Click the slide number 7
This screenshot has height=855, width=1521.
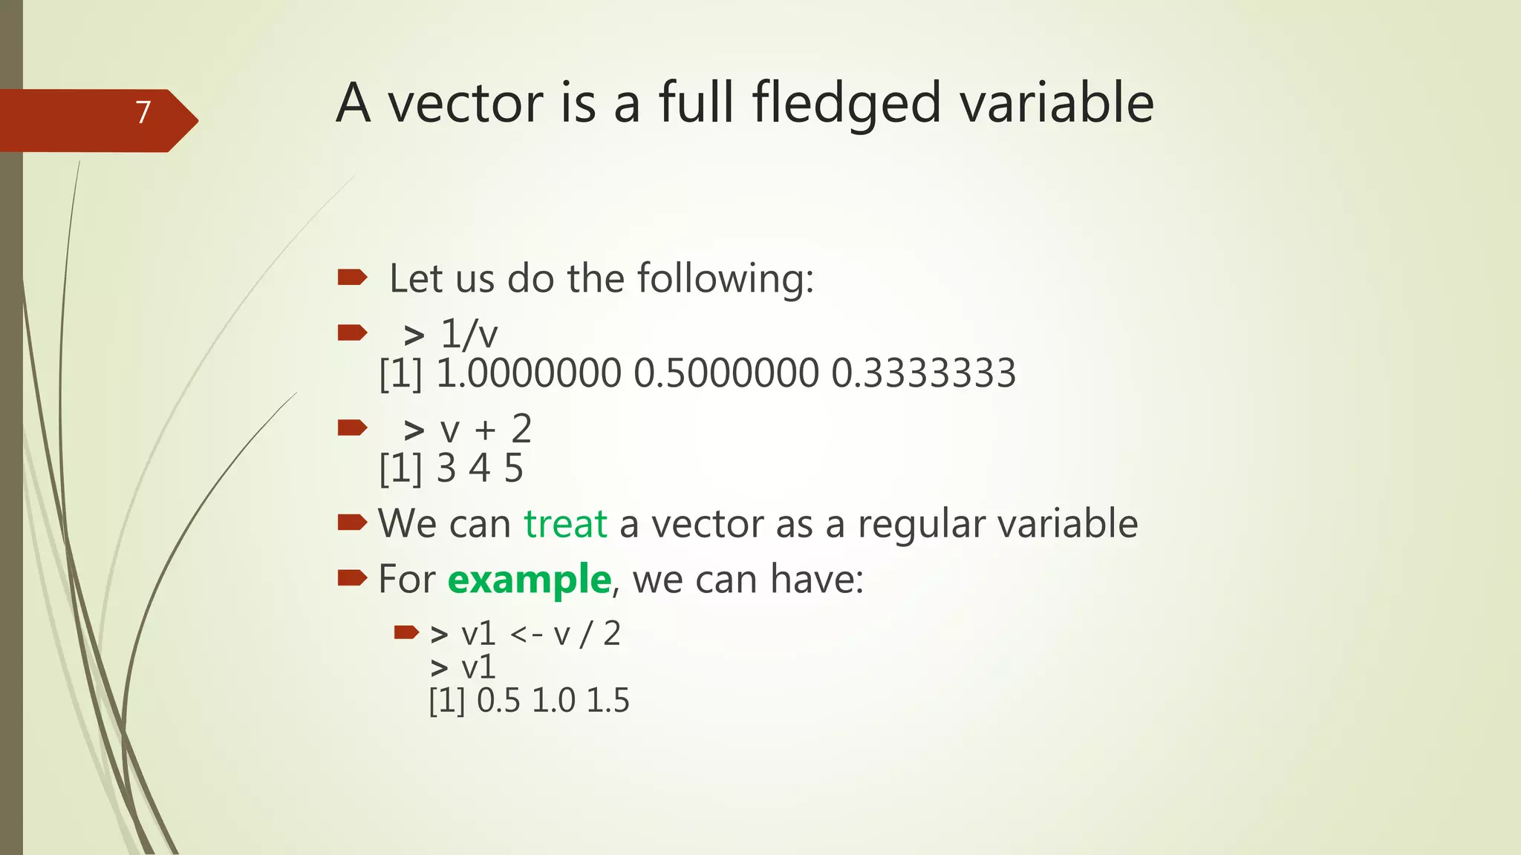[x=143, y=112]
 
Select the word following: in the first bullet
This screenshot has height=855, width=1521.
[x=726, y=279]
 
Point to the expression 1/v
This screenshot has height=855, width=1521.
[x=469, y=334]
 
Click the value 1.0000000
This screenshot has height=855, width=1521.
[x=528, y=373]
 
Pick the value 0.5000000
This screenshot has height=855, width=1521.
[x=726, y=373]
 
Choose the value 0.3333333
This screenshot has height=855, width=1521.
[x=923, y=373]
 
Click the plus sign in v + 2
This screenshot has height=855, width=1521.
[x=485, y=430]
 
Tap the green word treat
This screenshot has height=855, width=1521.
[x=565, y=523]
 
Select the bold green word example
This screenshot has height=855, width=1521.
[x=529, y=579]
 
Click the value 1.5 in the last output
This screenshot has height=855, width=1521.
[x=608, y=701]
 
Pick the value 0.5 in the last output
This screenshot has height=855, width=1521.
[x=498, y=701]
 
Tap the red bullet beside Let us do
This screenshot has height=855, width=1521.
[x=352, y=278]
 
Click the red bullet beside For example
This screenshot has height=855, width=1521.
[x=352, y=577]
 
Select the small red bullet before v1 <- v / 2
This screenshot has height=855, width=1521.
[x=406, y=632]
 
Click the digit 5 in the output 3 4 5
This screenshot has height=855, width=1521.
[x=513, y=468]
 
